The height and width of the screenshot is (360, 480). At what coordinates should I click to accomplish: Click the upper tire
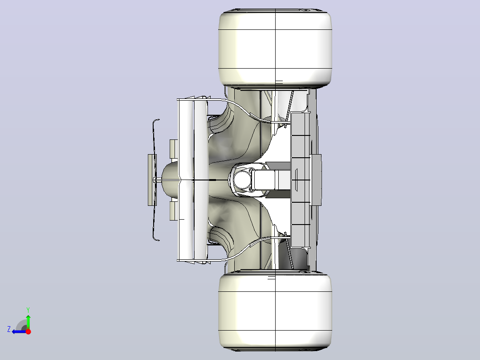[275, 49]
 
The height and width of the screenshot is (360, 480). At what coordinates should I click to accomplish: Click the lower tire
[275, 312]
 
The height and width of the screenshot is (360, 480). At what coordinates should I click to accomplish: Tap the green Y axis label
[28, 310]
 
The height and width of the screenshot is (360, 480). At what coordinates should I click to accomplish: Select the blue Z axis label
[9, 329]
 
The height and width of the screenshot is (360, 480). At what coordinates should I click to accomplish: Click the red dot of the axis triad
[28, 331]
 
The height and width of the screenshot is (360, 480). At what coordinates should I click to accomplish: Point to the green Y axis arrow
[28, 322]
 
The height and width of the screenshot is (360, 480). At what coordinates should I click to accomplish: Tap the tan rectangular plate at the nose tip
[152, 180]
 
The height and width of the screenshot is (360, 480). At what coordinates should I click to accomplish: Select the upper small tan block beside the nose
[174, 150]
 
